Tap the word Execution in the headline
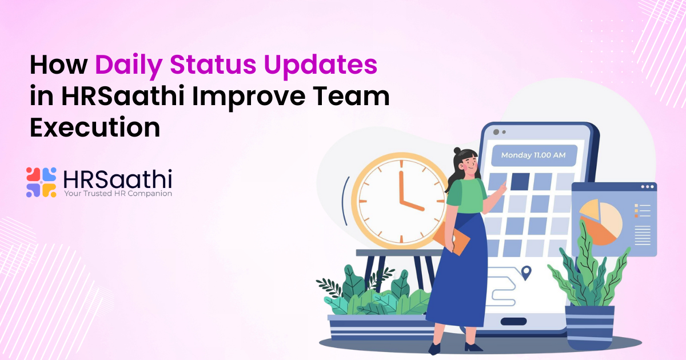[95, 127]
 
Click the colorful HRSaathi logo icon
[41, 182]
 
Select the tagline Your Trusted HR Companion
[118, 193]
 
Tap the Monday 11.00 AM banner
[533, 155]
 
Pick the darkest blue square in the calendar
[520, 181]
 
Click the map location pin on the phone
[526, 273]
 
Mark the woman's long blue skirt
[457, 280]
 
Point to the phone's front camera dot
[496, 132]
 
